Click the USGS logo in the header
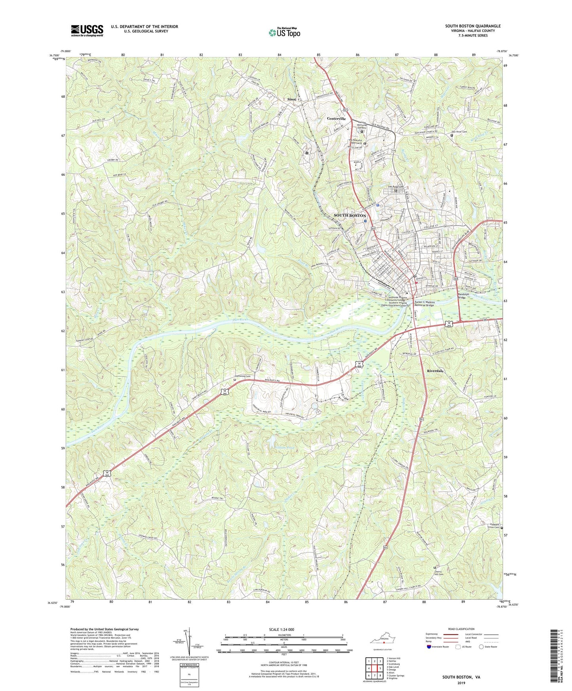click(87, 30)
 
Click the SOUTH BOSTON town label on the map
click(350, 215)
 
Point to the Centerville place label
click(336, 119)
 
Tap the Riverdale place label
click(435, 371)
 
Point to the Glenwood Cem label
click(243, 376)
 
